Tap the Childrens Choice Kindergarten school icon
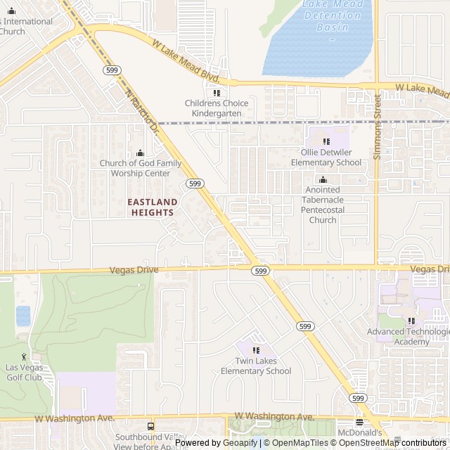point(217,93)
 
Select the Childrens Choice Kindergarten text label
point(217,108)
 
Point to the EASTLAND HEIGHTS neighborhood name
point(152,207)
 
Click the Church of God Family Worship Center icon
point(140,153)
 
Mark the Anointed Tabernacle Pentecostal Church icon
point(323,180)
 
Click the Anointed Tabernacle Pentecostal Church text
point(323,205)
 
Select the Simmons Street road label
point(377,127)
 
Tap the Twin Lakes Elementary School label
point(256,366)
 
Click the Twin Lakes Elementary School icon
point(256,350)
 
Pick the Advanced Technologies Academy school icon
point(411,321)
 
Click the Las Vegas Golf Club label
point(25,372)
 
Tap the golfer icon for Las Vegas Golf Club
point(25,356)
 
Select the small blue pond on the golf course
point(23,316)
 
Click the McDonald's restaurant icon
point(359,422)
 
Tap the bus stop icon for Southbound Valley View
point(150,426)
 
